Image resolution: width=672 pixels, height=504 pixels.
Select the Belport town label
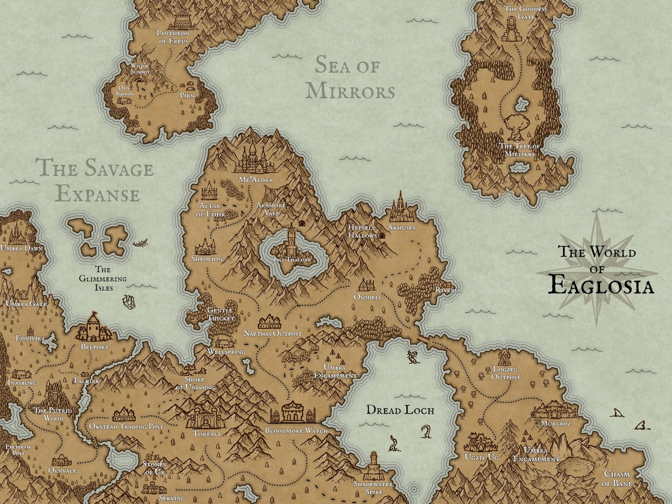tap(94, 347)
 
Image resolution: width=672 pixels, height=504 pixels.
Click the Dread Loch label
tap(400, 410)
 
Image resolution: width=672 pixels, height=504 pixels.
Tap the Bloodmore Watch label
tap(296, 430)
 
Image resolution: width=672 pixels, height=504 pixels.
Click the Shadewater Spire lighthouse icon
tap(373, 465)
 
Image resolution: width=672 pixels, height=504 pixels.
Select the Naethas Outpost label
tap(273, 333)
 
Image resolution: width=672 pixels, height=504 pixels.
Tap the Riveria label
tap(448, 290)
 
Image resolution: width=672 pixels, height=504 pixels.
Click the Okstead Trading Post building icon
tap(124, 414)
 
